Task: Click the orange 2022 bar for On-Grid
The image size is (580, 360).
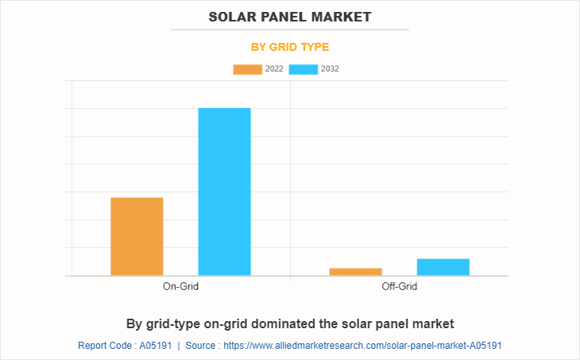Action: [137, 236]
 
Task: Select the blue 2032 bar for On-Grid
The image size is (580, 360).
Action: [224, 192]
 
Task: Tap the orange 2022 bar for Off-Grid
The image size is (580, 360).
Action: [355, 272]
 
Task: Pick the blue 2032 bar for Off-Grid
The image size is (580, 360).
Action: [443, 267]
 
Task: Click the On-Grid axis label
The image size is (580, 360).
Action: [180, 286]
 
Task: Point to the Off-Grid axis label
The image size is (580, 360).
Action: [399, 286]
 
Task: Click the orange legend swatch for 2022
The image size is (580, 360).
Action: [247, 69]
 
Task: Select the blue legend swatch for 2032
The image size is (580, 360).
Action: [304, 69]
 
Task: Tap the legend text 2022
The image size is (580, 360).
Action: [274, 69]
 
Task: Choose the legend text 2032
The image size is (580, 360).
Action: [330, 69]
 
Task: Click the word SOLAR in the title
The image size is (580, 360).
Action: [233, 16]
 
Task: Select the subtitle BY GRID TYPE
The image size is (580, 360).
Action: [290, 47]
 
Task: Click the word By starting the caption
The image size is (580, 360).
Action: [133, 323]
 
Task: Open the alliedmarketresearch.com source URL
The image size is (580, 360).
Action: [362, 346]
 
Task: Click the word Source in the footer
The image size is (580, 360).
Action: [201, 346]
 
